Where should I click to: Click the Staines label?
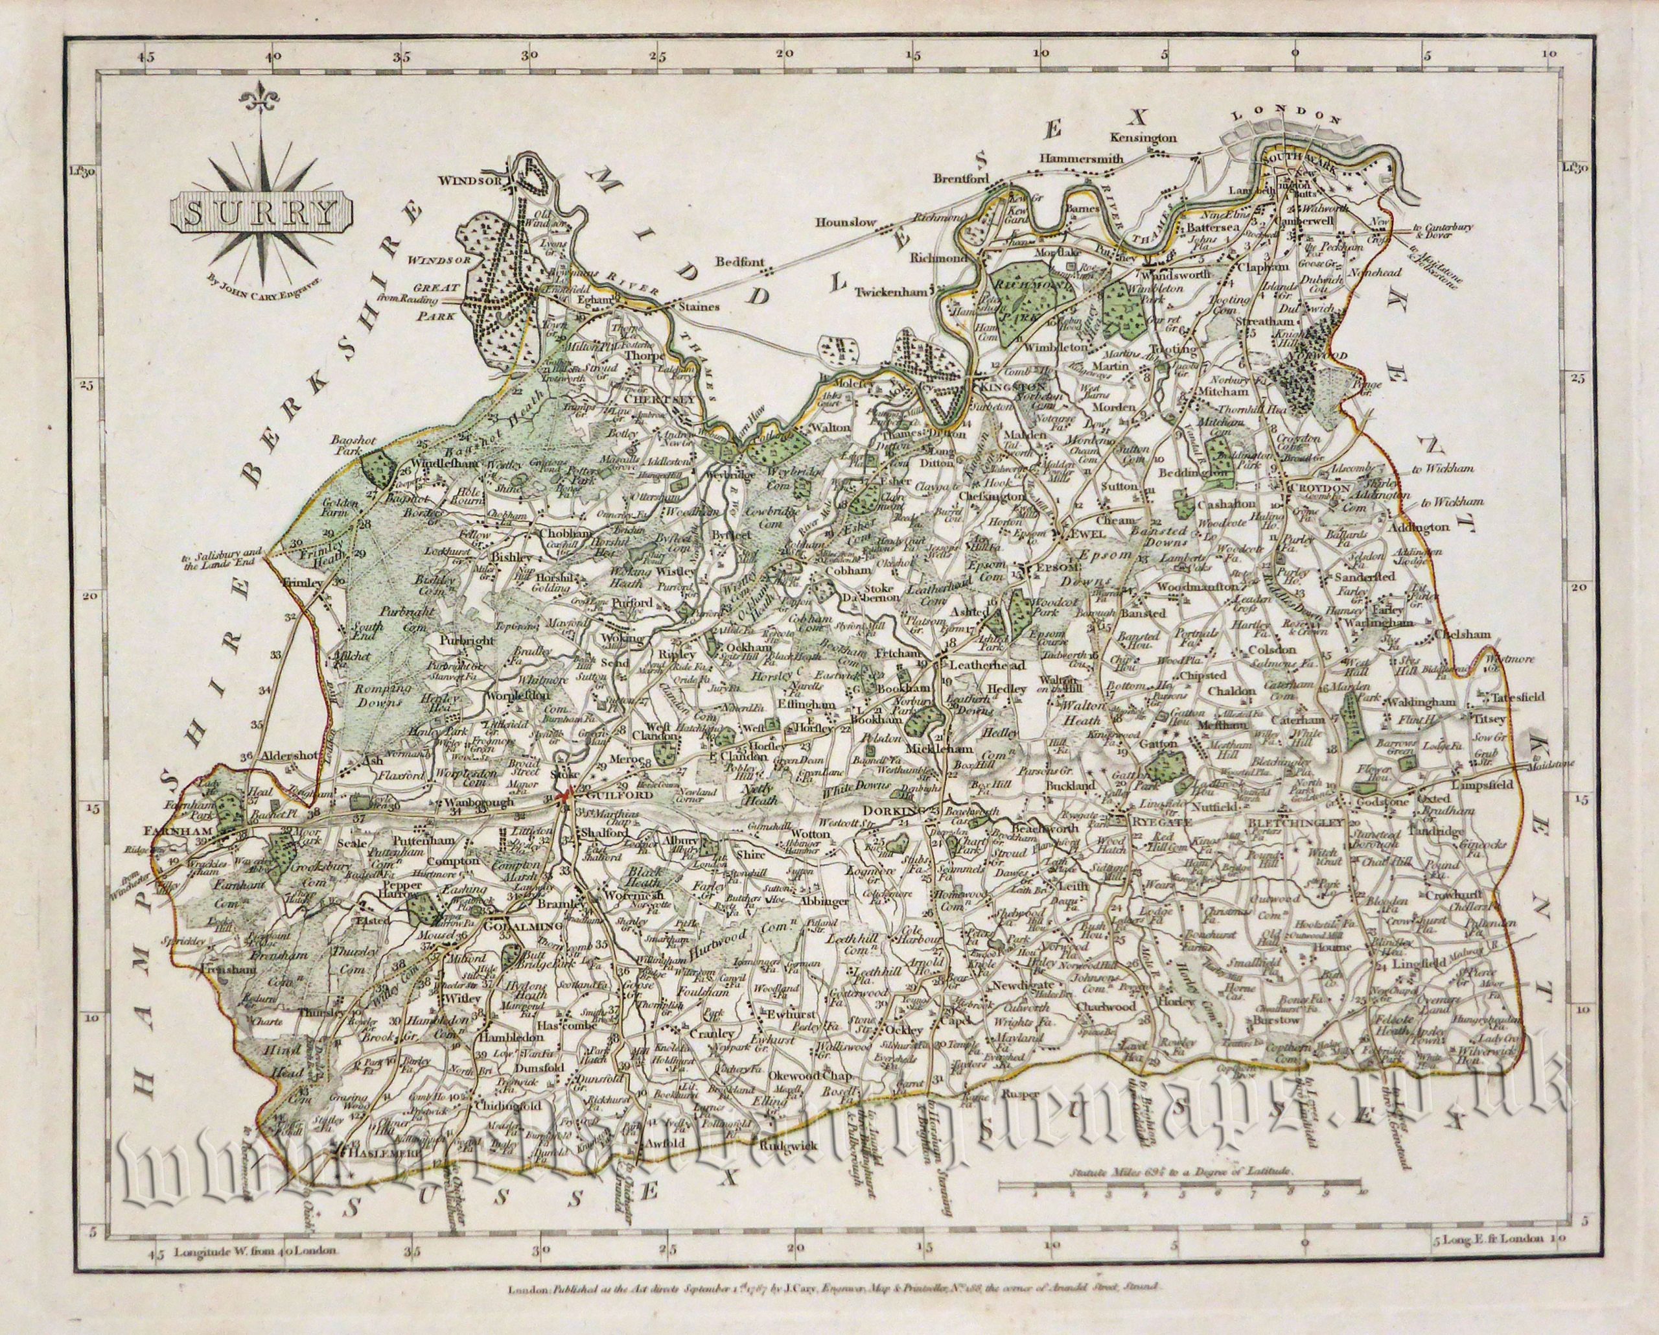coord(698,307)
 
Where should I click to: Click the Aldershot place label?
coord(289,756)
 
